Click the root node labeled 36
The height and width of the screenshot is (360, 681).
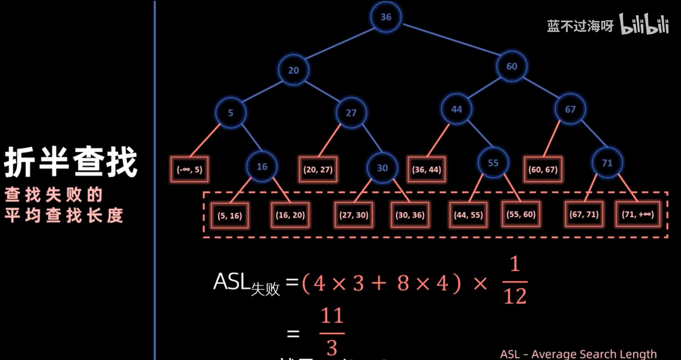(x=386, y=17)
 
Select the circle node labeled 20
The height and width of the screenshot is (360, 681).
(x=294, y=70)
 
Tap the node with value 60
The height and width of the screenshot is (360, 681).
(x=511, y=66)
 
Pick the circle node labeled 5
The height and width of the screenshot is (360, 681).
(x=230, y=113)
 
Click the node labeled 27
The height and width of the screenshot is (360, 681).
(x=351, y=113)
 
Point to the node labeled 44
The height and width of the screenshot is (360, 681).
(x=456, y=109)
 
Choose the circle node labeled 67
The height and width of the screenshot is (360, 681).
(x=570, y=109)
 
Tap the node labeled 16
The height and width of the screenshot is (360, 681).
(x=262, y=167)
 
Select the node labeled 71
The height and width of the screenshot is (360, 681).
(x=607, y=163)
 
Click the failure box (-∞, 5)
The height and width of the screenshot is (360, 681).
(x=189, y=169)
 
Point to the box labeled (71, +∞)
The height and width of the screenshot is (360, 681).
(x=638, y=214)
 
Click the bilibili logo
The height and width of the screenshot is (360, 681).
(x=644, y=24)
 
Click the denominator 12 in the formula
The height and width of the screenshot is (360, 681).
(x=515, y=296)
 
